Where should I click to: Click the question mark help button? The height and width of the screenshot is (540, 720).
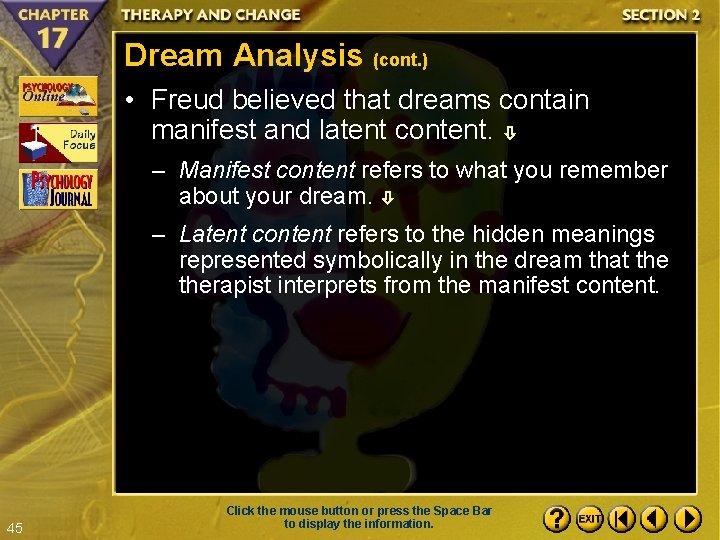coord(557,519)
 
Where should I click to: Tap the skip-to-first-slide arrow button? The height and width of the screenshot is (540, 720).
coord(622,519)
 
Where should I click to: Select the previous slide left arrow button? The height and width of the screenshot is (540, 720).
coord(654,519)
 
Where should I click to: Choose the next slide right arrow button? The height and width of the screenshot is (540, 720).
coord(687,519)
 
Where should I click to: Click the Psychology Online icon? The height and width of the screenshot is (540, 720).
coord(58,97)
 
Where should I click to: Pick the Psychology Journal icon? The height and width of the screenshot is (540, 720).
coord(58,190)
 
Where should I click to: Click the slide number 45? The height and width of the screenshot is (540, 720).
coord(14,528)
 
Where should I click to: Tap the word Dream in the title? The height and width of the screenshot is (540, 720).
coord(174,55)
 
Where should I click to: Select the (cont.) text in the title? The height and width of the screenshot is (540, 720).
coord(400,61)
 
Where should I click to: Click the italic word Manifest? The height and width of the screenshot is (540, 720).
coord(222,170)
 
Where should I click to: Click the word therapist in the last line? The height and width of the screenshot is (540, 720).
coord(220,286)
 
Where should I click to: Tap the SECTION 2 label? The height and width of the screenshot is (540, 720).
coord(660,15)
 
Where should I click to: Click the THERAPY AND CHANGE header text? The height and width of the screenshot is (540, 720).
coord(211,15)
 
